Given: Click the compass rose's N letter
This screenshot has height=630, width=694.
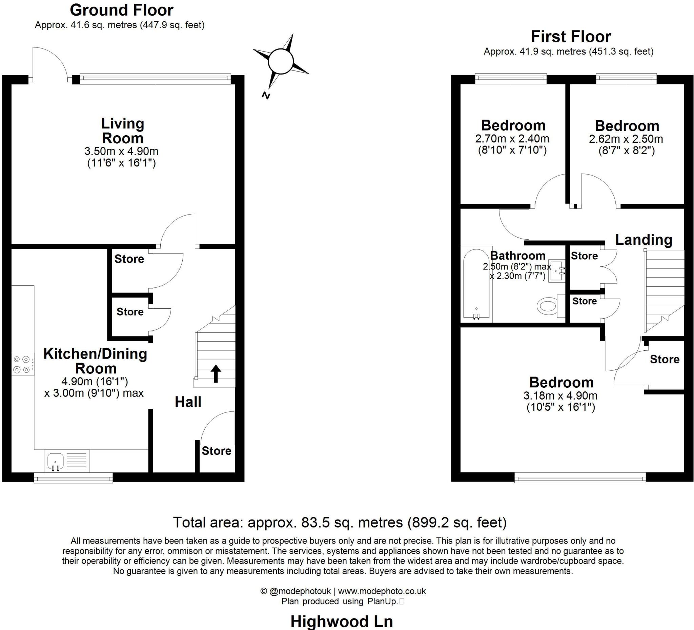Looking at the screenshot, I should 265,95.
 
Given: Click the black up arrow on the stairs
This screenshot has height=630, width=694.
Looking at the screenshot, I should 216,373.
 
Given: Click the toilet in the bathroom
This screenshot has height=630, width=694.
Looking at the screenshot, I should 548,306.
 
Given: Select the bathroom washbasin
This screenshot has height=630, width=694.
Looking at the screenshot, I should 556,270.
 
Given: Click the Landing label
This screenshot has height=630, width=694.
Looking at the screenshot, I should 644,240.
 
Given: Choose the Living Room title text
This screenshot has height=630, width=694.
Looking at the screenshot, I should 123,131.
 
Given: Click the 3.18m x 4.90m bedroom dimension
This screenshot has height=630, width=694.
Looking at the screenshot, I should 560,395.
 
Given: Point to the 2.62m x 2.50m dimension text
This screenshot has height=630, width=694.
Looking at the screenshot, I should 626,139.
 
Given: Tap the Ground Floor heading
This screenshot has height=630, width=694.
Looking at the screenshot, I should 122,10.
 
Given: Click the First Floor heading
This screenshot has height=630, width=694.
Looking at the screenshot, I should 571,37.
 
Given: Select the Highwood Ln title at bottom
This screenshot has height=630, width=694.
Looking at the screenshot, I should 342,621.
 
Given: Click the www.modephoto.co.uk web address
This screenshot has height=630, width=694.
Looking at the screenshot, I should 382,591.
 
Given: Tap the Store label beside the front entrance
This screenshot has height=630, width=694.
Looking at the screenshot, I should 216,451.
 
